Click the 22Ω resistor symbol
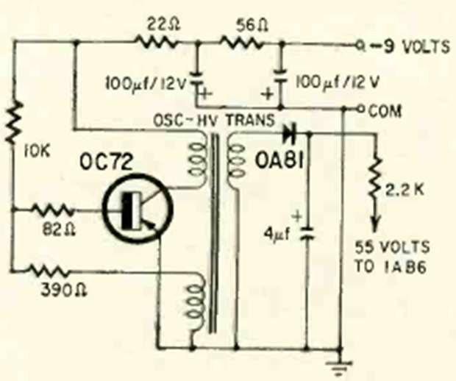156,43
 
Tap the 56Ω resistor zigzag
242,43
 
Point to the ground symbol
338,368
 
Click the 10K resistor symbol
14,122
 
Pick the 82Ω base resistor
53,210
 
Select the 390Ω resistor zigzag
49,271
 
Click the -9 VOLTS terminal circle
360,46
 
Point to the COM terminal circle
360,109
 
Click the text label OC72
106,162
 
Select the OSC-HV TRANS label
214,120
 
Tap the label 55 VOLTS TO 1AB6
392,257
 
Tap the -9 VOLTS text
410,46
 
